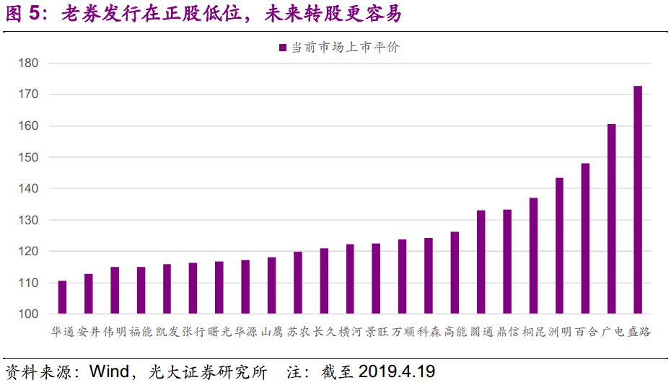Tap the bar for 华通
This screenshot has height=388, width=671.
click(x=62, y=297)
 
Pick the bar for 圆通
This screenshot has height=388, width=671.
click(x=481, y=262)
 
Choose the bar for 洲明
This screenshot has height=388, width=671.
click(x=559, y=245)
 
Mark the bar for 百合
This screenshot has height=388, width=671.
click(x=585, y=238)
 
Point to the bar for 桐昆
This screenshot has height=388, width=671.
click(x=533, y=255)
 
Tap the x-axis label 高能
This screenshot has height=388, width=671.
click(x=455, y=332)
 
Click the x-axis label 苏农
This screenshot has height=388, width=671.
click(x=297, y=332)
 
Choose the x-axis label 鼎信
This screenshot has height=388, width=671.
click(x=507, y=332)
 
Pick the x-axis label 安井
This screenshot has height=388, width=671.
click(x=88, y=332)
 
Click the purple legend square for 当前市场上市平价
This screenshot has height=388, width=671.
click(x=283, y=48)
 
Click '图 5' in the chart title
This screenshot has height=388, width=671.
click(x=26, y=14)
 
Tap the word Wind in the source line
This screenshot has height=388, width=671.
click(x=109, y=372)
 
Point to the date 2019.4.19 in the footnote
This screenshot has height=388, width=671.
click(x=396, y=372)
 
